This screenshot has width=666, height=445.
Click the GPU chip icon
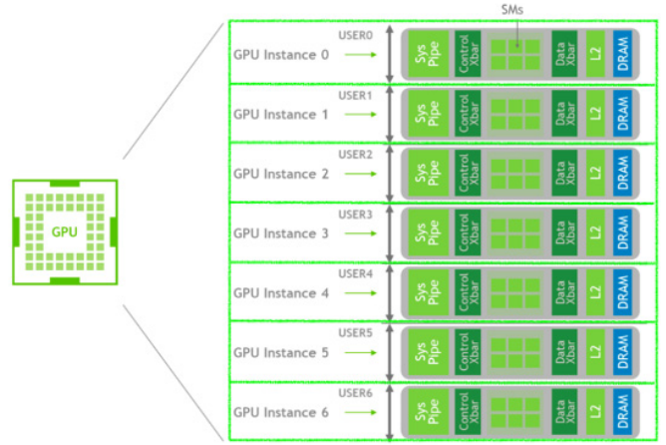[65, 231]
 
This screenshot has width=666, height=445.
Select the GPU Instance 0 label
[280, 54]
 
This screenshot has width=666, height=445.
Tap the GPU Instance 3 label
[280, 233]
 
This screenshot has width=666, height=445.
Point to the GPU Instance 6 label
[280, 412]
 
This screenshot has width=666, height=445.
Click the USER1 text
[356, 95]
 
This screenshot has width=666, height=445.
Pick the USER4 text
[356, 273]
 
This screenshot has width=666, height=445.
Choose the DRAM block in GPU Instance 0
[623, 54]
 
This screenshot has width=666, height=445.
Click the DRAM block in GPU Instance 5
[623, 352]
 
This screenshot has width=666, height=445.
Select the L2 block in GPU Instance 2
[595, 174]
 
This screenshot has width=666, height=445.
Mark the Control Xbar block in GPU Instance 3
[464, 233]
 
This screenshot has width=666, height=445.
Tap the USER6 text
[356, 392]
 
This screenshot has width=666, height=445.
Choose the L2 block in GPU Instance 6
[595, 412]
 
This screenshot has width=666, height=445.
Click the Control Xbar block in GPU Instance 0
[464, 54]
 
